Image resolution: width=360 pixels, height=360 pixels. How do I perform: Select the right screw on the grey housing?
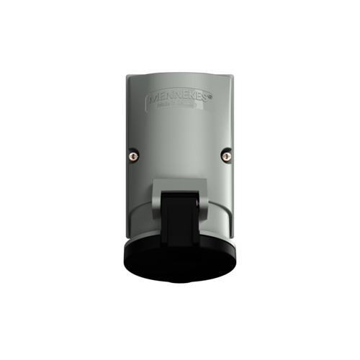(225, 153)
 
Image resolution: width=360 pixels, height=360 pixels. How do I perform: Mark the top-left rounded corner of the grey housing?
(130, 78)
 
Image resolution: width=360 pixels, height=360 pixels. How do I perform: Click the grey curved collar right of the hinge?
(220, 216)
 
